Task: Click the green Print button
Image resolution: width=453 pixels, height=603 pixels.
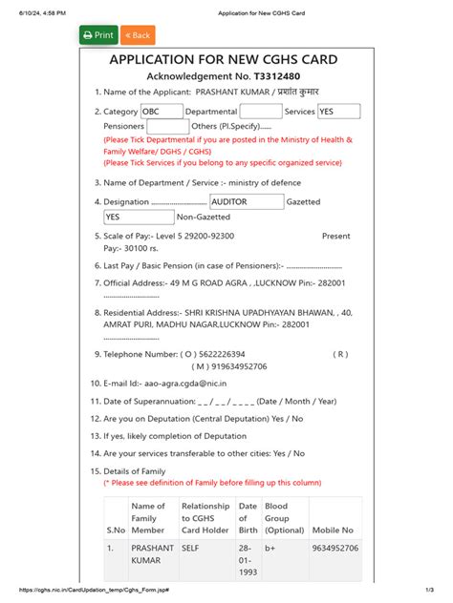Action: (98, 35)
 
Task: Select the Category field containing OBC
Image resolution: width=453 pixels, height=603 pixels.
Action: (161, 112)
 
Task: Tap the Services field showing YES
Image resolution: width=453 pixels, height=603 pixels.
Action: (338, 112)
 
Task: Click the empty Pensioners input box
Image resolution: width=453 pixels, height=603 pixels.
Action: (168, 126)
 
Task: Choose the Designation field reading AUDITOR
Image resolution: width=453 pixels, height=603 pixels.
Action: (246, 201)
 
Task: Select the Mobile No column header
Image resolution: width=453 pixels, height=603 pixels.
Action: (334, 530)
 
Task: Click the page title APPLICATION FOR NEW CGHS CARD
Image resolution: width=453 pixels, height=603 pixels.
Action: (224, 59)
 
